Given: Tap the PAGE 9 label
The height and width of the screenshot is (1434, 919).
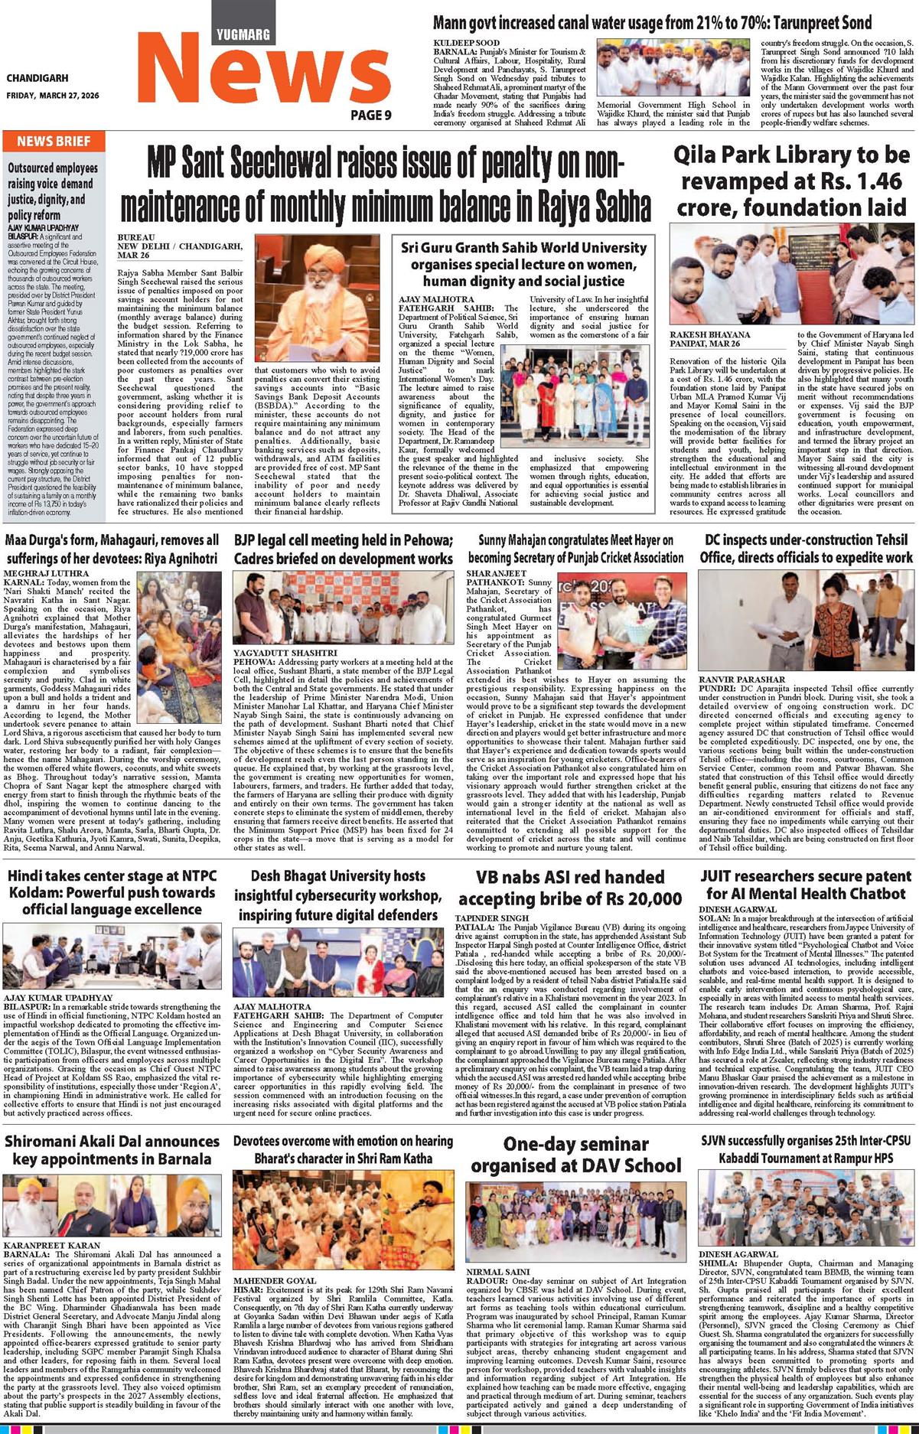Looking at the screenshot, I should coord(371,115).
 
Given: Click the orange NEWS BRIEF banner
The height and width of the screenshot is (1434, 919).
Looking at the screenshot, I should coord(54,142).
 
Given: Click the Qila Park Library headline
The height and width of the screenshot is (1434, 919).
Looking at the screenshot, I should coord(791,181).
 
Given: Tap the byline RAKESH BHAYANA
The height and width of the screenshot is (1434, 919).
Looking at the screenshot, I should coord(709,334).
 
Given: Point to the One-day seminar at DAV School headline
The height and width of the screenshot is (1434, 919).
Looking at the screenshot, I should coord(575,1155).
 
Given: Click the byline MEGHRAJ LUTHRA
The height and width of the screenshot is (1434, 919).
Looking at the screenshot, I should coord(47,573).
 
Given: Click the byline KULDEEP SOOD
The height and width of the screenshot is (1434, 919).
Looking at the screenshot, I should coord(467,43).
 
